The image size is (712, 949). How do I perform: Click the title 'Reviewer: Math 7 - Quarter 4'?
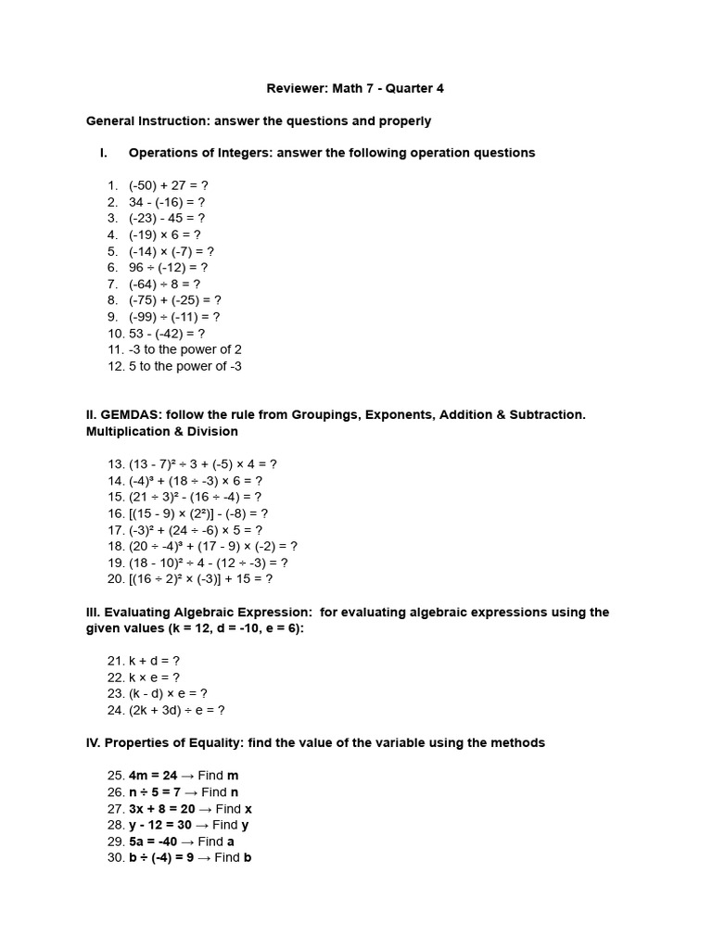(x=356, y=88)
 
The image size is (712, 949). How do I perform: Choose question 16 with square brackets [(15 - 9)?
(x=198, y=512)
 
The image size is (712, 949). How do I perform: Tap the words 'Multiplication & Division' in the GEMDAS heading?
(x=162, y=431)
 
